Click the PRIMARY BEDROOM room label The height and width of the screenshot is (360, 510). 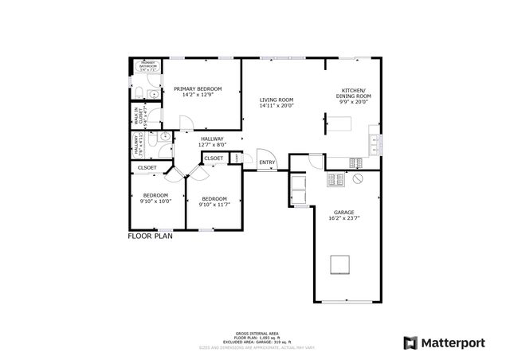click(198, 88)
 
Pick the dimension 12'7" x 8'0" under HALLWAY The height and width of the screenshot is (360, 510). click(211, 145)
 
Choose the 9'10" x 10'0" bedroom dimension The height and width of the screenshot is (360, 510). click(155, 202)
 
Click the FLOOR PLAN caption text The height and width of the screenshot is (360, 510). click(151, 236)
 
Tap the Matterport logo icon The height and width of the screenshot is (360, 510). click(410, 342)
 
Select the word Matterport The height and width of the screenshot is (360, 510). click(453, 342)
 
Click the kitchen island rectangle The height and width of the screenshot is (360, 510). click(341, 123)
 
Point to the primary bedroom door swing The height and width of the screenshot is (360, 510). click(186, 122)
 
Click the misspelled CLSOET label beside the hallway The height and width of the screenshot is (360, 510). click(214, 158)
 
